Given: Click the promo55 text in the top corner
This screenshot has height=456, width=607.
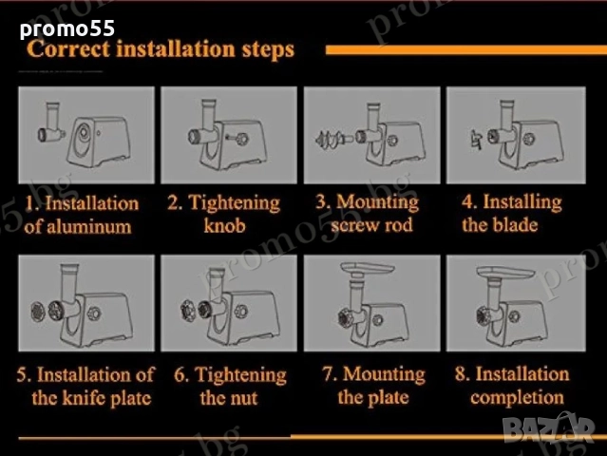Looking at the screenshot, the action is point(67,29).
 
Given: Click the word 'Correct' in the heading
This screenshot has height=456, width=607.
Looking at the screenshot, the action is point(68,49).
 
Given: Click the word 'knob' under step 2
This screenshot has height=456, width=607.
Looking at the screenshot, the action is point(224,226).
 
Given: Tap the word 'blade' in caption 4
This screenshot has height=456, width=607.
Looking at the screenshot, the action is point(515,225).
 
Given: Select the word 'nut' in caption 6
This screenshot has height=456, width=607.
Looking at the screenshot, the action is point(245,398).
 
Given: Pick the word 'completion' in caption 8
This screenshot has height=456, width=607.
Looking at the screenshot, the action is point(517,398).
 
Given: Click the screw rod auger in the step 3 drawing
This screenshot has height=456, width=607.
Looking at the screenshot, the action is point(332,138).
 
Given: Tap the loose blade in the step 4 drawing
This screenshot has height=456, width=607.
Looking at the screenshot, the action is point(476,140).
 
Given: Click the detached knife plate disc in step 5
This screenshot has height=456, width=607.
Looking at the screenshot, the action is point(38,312).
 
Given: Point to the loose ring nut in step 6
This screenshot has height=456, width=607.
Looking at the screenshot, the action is point(188,310).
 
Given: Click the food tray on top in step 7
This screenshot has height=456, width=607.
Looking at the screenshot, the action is point(367,268).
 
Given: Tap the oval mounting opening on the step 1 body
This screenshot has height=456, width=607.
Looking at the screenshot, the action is point(83,138).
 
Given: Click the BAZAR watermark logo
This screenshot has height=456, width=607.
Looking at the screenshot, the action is point(548,428).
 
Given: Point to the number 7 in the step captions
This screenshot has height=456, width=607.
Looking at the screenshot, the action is point(328,374).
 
